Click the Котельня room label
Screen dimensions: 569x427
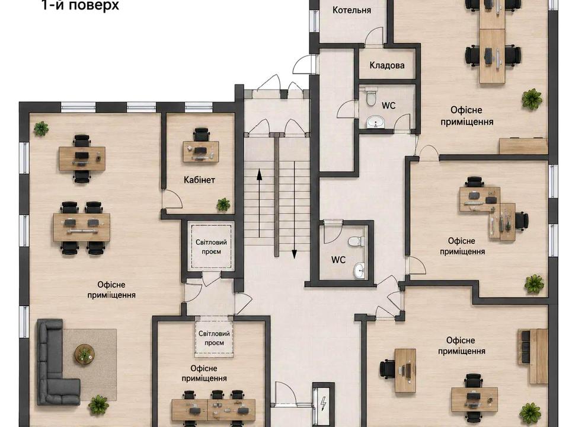tap(351, 10)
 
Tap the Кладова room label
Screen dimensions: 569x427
tap(387, 65)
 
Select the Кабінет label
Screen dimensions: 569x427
tap(199, 180)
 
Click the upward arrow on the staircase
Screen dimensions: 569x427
tap(260, 203)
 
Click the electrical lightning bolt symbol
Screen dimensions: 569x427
tap(323, 403)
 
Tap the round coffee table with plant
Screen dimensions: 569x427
tap(84, 353)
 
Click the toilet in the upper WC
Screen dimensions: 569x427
tap(371, 96)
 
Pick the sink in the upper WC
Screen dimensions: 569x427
tap(375, 122)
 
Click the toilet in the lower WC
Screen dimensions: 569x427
tap(356, 241)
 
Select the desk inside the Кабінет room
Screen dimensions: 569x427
tap(201, 151)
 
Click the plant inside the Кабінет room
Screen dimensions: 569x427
tap(223, 205)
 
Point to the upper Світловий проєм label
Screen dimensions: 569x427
tap(211, 247)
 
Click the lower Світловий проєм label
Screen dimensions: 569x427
tap(214, 338)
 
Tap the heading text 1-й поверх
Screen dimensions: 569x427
tap(80, 5)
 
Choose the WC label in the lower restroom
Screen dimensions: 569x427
tap(338, 260)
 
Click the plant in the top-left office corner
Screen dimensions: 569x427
tap(41, 129)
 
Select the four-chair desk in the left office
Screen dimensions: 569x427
tap(82, 228)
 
